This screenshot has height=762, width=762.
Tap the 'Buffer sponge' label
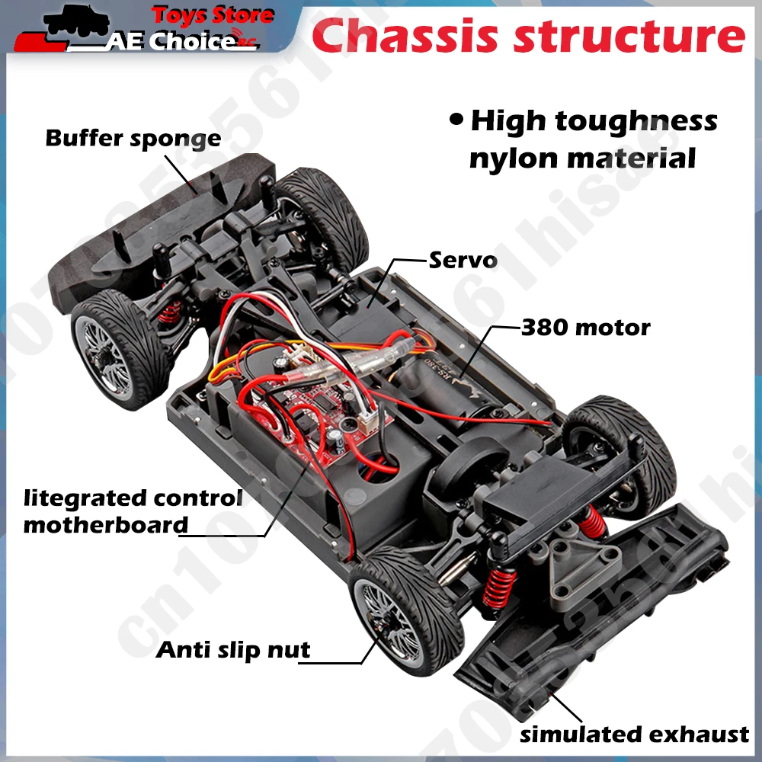point(133,139)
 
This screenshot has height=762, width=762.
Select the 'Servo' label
point(463,260)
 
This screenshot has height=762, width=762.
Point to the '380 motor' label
point(585,328)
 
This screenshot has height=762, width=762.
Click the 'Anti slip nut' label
point(233,650)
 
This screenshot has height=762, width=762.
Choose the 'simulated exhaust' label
point(634,735)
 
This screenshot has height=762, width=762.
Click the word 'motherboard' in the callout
point(105,525)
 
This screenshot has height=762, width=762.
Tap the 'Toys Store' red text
point(213,15)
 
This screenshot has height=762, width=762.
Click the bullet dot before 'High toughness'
point(456,120)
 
